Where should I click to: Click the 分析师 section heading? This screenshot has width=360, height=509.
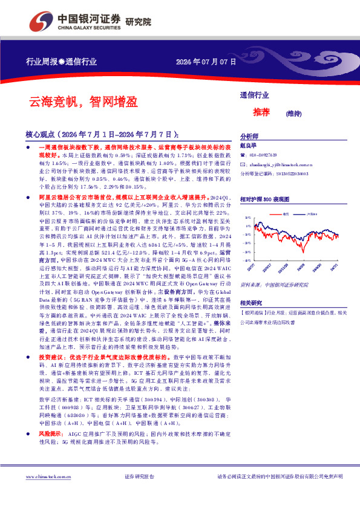(249, 137)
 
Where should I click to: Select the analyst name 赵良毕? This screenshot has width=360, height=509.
(249, 146)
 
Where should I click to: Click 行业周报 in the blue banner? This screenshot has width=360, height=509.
(41, 62)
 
